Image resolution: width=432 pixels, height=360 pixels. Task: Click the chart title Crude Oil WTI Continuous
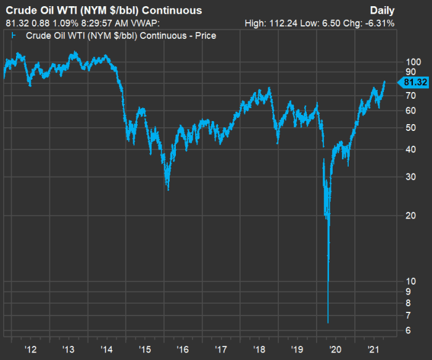tap(104, 10)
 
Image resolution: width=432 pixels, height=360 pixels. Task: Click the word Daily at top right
tap(382, 10)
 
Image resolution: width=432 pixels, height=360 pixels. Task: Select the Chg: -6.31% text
tap(371, 23)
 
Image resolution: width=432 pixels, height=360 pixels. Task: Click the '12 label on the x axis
tap(30, 350)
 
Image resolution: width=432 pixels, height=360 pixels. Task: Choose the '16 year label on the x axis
tap(183, 350)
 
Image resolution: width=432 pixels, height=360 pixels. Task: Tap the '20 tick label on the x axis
tap(336, 350)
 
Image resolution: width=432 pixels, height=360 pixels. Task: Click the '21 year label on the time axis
tap(373, 350)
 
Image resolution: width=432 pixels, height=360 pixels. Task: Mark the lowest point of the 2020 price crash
tap(328, 322)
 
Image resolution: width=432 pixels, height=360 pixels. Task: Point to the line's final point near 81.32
tap(384, 82)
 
